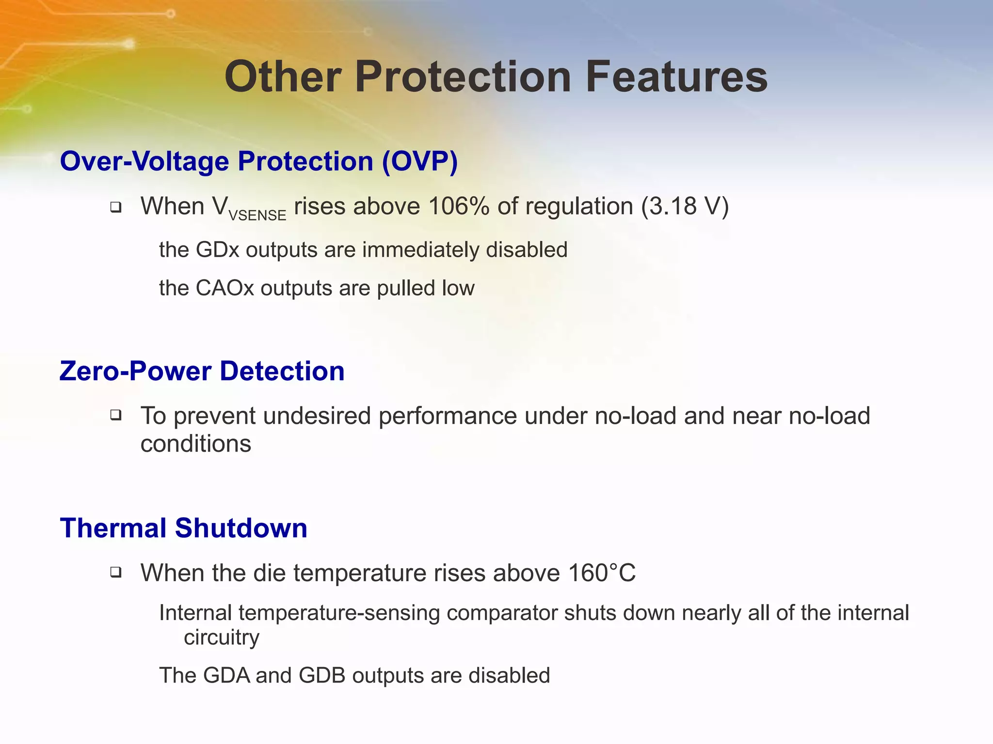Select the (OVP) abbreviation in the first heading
(420, 161)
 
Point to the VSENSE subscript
(257, 215)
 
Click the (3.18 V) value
(685, 206)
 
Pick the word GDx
(218, 250)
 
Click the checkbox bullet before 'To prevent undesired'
(115, 415)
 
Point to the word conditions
(196, 444)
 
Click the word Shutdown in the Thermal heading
(241, 528)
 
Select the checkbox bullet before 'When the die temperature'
(115, 572)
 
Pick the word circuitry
(222, 637)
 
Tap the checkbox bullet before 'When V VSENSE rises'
(115, 207)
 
